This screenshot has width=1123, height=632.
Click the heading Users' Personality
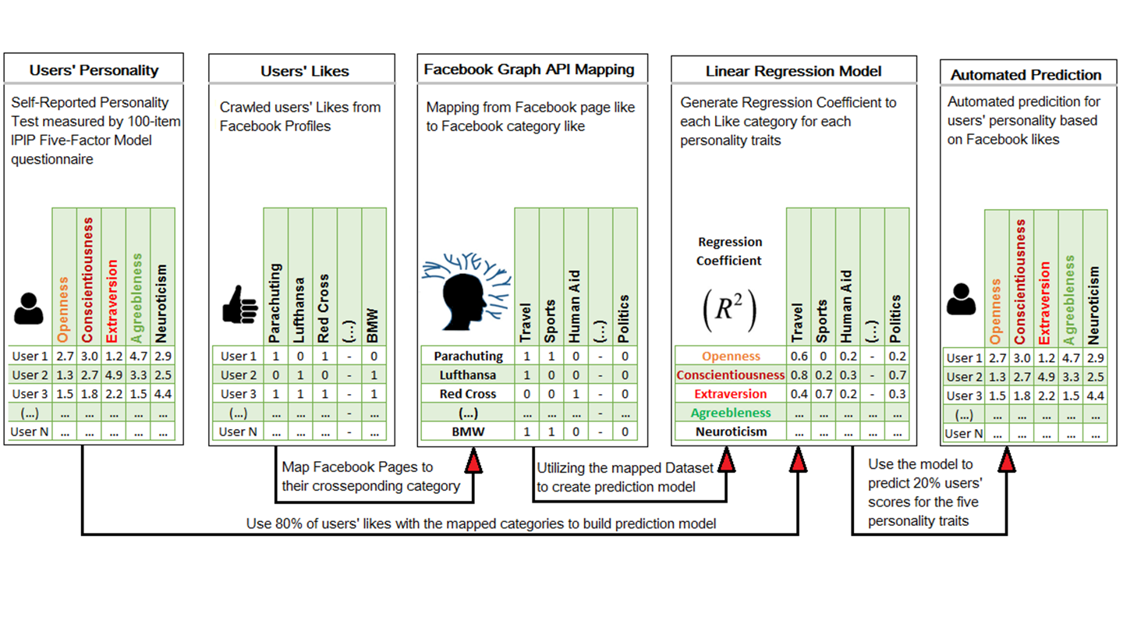[x=94, y=70]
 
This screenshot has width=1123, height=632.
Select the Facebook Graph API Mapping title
[x=530, y=69]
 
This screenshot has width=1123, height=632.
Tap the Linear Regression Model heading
[x=793, y=71]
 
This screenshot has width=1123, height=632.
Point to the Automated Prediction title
[x=1026, y=75]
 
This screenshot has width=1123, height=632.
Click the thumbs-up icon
[x=240, y=305]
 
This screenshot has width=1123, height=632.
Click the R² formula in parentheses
[x=730, y=311]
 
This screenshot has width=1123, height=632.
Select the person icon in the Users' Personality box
[x=29, y=309]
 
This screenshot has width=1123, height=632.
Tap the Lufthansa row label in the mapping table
[x=467, y=375]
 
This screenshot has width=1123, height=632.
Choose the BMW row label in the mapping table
[x=467, y=431]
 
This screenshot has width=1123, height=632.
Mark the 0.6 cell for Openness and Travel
[x=798, y=357]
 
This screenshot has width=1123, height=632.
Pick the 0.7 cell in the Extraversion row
[x=823, y=394]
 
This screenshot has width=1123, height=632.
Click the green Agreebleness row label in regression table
[x=730, y=413]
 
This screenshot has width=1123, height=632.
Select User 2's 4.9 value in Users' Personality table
[x=114, y=375]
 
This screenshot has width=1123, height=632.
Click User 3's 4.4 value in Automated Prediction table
[x=1094, y=396]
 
